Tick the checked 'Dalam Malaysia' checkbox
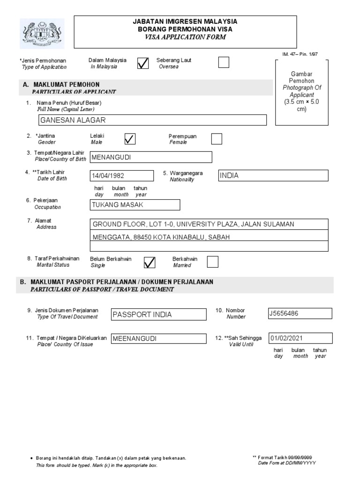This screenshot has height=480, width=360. (143, 63)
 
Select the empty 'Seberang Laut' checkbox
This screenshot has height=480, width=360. (224, 62)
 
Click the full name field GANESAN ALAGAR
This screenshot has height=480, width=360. (152, 120)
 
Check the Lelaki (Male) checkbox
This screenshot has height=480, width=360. (130, 139)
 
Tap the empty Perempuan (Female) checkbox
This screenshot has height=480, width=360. (217, 139)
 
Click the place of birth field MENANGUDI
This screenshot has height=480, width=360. (150, 157)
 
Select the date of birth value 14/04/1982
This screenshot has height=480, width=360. (121, 176)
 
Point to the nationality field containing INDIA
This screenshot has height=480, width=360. (273, 175)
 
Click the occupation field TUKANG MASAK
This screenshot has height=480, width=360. (134, 205)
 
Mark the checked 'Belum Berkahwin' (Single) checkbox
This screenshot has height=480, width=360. (149, 262)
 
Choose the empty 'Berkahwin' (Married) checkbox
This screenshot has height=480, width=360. (212, 262)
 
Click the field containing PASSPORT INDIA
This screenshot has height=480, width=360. (158, 314)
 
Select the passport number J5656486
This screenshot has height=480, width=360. (300, 314)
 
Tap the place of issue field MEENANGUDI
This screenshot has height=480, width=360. (158, 338)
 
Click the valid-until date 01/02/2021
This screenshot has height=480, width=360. (300, 338)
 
